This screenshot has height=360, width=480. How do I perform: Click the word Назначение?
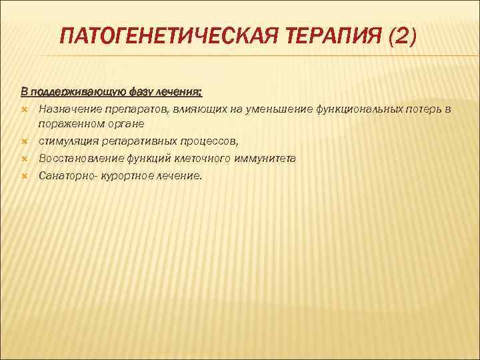click(69, 108)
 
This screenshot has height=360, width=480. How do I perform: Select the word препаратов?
click(131, 108)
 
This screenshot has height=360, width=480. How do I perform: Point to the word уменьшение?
click(255, 108)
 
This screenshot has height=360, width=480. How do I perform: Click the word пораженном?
click(68, 124)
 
